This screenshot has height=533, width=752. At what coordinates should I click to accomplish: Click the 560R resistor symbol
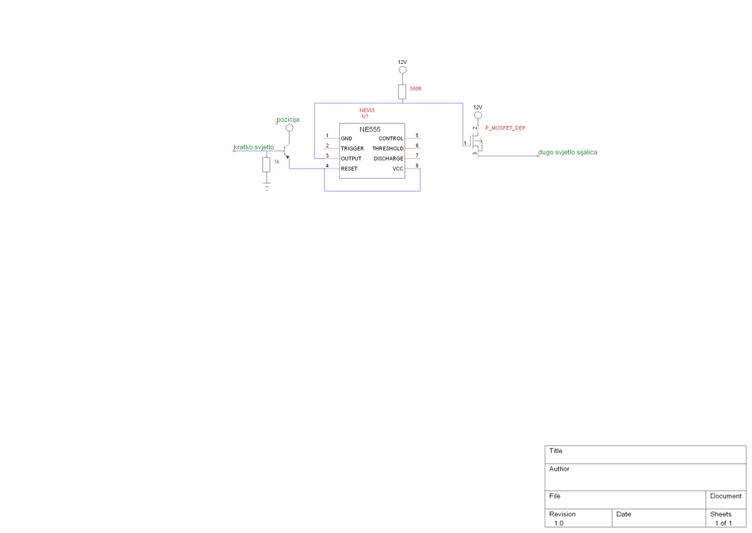[402, 92]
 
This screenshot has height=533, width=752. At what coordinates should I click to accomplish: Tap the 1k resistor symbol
[267, 164]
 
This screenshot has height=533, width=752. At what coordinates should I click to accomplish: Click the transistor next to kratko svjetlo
[287, 151]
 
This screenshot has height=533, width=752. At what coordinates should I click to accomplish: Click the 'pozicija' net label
[288, 120]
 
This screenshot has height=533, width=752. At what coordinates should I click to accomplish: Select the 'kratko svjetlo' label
[254, 147]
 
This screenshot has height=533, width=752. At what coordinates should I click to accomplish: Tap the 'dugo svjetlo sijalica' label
[567, 153]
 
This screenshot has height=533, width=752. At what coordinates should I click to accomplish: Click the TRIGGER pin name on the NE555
[352, 149]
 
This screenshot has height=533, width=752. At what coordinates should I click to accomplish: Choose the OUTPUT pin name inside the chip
[351, 159]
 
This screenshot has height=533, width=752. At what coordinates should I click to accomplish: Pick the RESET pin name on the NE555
[349, 169]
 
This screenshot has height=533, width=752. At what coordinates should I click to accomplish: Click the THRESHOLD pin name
[387, 149]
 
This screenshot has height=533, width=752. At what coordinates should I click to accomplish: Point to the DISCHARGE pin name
[388, 159]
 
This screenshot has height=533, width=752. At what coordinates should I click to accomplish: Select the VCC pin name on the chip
[397, 169]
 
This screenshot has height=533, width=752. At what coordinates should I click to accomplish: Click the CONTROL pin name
[391, 139]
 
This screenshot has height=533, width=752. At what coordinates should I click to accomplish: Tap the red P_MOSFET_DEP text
[505, 128]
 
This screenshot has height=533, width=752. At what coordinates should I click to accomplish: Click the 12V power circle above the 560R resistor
[402, 71]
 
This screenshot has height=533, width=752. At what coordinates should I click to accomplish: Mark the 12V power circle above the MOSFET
[477, 116]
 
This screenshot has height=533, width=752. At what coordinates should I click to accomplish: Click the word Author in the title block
[559, 469]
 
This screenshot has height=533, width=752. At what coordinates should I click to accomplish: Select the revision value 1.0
[558, 523]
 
